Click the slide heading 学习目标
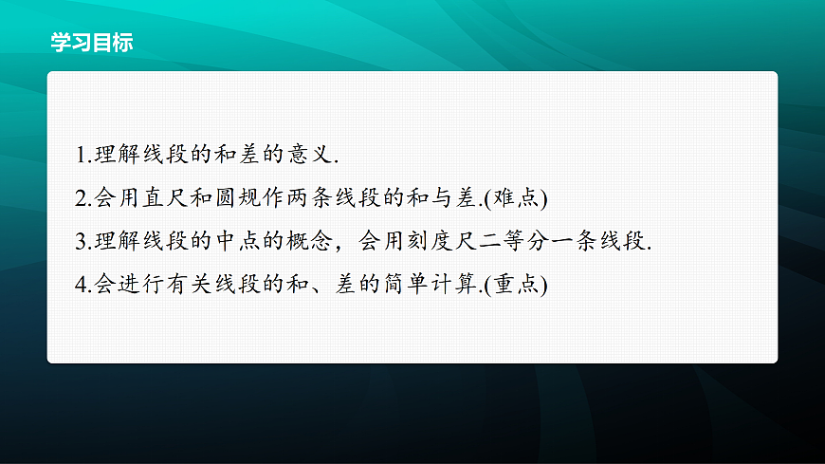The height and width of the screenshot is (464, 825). pyautogui.click(x=92, y=42)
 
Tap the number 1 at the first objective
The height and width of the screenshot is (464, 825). pyautogui.click(x=80, y=156)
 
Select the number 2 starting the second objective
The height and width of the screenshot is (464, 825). pyautogui.click(x=81, y=198)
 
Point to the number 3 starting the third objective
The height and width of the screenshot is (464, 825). pyautogui.click(x=81, y=241)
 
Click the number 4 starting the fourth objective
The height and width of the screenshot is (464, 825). pyautogui.click(x=81, y=284)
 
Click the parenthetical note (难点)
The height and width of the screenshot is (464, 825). pyautogui.click(x=517, y=198)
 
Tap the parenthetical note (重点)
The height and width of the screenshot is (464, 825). pyautogui.click(x=517, y=284)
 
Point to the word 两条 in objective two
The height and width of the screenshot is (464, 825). pyautogui.click(x=321, y=198)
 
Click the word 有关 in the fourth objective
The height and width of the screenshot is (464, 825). pyautogui.click(x=184, y=284)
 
